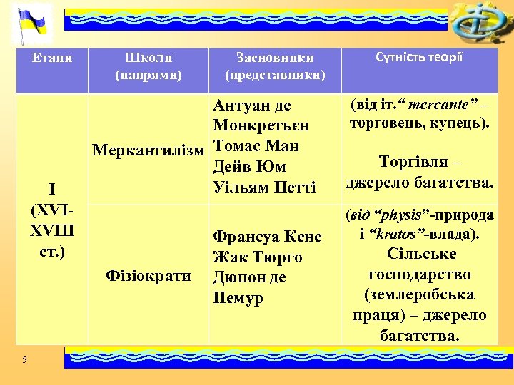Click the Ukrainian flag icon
32,23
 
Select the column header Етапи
52,58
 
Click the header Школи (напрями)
148,66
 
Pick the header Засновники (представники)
275,66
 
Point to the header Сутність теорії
420,58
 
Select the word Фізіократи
148,275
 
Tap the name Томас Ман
256,147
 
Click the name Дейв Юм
249,168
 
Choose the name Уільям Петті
264,188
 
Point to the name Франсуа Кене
267,237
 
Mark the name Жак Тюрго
257,257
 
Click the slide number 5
24,359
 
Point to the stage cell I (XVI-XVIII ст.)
52,220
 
